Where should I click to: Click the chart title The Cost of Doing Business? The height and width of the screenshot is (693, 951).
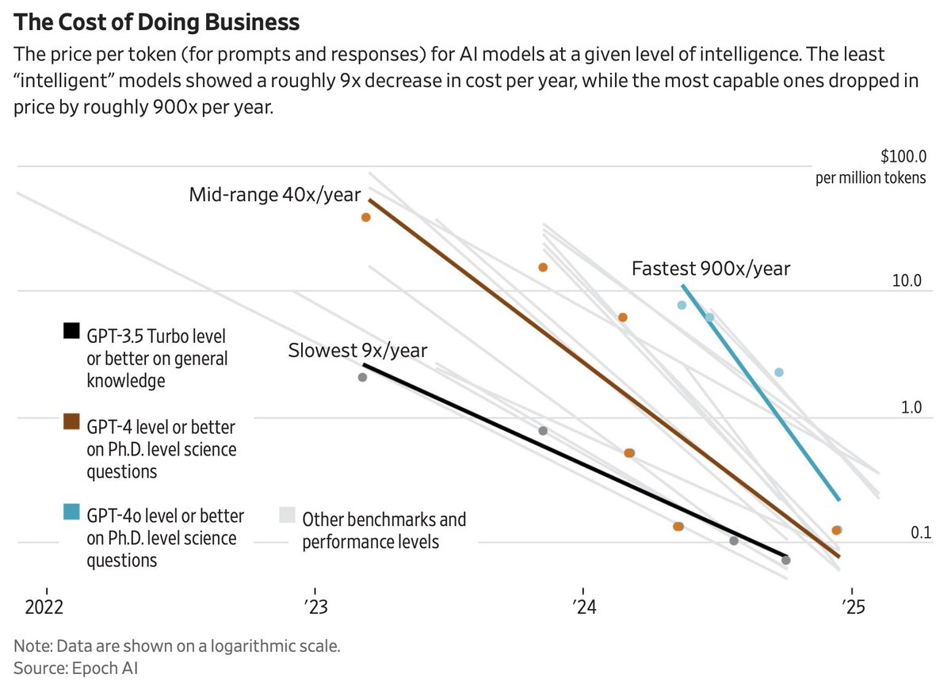coord(157,22)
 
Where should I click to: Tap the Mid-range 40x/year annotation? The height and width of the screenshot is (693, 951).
coord(274,195)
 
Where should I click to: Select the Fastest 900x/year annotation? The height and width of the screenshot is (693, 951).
coord(711,268)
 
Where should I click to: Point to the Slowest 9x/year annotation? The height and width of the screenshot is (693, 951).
coord(357,350)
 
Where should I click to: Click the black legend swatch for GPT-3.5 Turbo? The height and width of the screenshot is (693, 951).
coord(71,331)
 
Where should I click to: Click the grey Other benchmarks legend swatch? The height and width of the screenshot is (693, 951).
coord(288,515)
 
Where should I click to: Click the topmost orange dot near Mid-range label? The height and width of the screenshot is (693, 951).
coord(366,217)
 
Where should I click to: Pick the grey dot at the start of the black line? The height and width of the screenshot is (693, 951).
coord(362,377)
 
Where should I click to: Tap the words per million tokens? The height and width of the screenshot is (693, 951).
coord(870,177)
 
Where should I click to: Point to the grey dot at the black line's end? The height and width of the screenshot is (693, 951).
coord(785,560)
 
